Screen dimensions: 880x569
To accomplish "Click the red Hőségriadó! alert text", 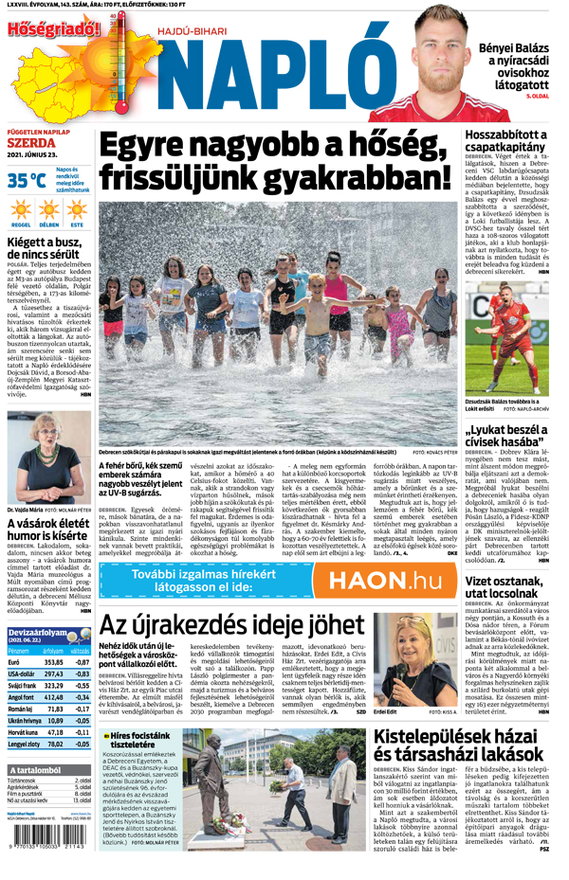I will [x=52, y=28].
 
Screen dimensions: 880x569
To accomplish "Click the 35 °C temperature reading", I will [x=27, y=180].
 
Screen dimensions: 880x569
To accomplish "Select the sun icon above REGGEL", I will [x=21, y=209].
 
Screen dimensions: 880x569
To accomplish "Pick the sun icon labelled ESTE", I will [x=77, y=209].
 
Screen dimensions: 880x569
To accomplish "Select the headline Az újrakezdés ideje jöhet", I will [x=232, y=625].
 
